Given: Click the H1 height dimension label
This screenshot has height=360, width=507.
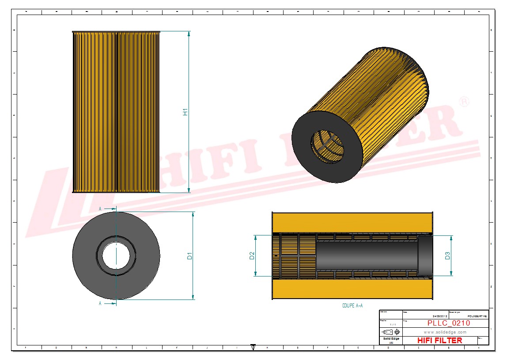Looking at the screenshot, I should pyautogui.click(x=186, y=112).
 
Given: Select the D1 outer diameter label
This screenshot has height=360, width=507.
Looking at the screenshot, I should pyautogui.click(x=190, y=256).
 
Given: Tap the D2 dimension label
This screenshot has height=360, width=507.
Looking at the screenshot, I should pyautogui.click(x=252, y=256).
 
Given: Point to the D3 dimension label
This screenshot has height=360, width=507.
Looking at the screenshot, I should pyautogui.click(x=447, y=256).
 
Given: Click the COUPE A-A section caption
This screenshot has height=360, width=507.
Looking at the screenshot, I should pyautogui.click(x=352, y=305).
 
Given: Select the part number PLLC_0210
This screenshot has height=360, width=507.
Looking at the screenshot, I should pyautogui.click(x=448, y=323).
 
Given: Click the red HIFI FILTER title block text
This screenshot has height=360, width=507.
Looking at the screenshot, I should pyautogui.click(x=439, y=341).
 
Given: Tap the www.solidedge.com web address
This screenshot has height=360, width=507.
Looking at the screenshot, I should pyautogui.click(x=445, y=332).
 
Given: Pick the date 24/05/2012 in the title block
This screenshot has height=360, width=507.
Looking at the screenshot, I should pyautogui.click(x=440, y=317).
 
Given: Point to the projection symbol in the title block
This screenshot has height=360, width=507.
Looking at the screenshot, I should pyautogui.click(x=391, y=332).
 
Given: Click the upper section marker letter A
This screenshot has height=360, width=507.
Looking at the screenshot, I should pyautogui.click(x=100, y=208).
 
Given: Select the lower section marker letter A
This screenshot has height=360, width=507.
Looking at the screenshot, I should pyautogui.click(x=100, y=303).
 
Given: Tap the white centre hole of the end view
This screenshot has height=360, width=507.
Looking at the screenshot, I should pyautogui.click(x=116, y=256).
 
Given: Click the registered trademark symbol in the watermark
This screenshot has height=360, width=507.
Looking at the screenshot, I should pyautogui.click(x=464, y=102).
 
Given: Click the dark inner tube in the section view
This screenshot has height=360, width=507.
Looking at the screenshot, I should pyautogui.click(x=367, y=256).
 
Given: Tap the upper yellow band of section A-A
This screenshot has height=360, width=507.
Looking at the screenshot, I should pyautogui.click(x=352, y=222).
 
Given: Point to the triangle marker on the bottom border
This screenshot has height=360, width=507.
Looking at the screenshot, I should pyautogui.click(x=253, y=348).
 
